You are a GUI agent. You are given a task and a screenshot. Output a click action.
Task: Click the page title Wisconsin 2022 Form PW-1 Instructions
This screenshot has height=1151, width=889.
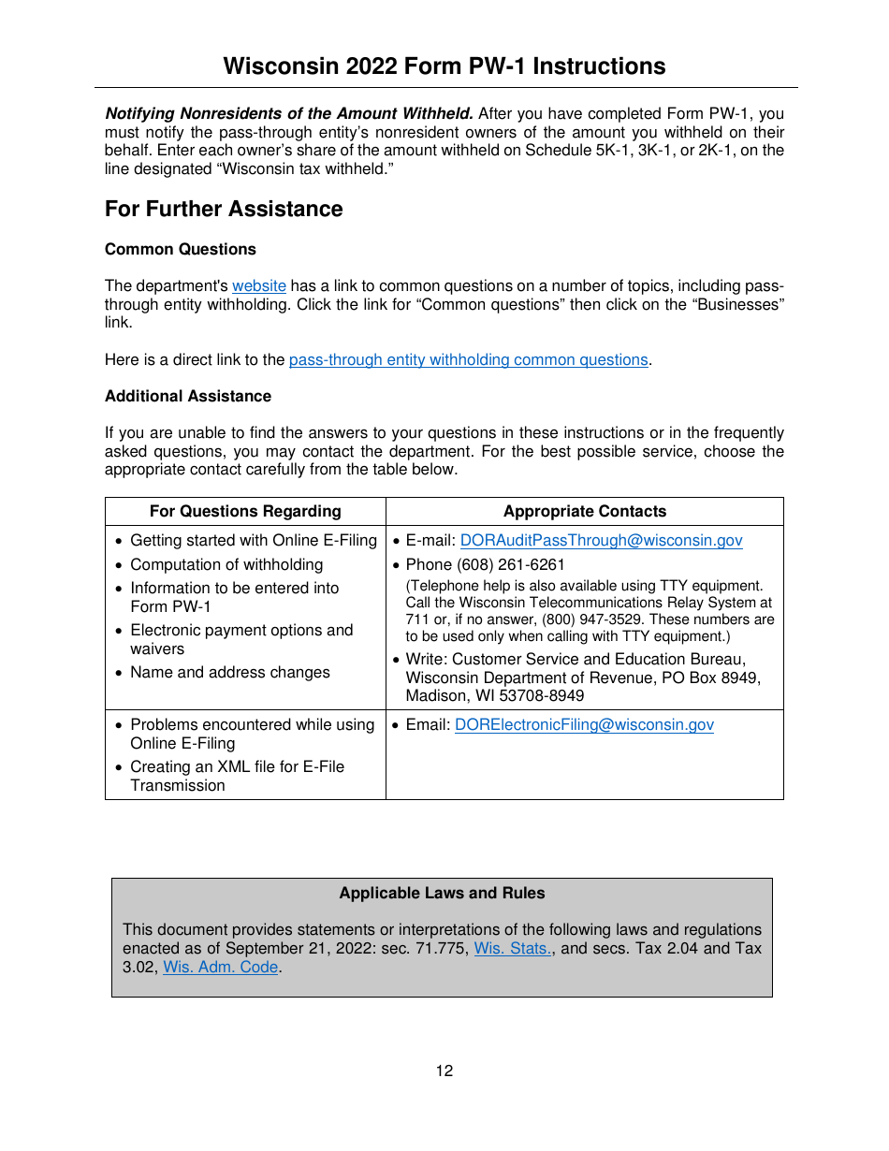click(x=444, y=66)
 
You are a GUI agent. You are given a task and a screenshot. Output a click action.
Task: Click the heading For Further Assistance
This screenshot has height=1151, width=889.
click(x=224, y=209)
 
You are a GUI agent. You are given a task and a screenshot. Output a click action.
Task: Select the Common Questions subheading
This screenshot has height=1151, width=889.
click(x=181, y=249)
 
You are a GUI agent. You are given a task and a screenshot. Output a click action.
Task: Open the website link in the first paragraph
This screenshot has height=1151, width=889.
click(x=259, y=285)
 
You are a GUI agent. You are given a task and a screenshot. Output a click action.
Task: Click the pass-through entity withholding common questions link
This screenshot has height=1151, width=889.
click(x=468, y=359)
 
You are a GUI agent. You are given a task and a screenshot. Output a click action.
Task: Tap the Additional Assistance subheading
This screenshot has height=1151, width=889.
click(x=188, y=396)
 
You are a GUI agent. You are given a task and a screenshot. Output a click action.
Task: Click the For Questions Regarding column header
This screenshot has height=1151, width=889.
click(x=245, y=511)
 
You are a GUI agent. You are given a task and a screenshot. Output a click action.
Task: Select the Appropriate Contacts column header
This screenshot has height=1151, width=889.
click(x=585, y=511)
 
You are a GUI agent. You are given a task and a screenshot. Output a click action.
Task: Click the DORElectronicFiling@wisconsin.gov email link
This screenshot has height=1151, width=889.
click(x=584, y=724)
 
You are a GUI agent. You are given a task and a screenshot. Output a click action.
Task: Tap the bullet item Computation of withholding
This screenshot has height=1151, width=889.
click(x=226, y=564)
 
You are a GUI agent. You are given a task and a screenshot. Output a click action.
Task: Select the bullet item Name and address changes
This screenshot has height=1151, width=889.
click(x=230, y=672)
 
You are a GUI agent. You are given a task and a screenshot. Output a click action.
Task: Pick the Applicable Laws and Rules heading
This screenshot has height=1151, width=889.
click(x=442, y=893)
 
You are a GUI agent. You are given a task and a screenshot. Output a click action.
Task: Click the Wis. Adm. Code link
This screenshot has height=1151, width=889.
click(x=221, y=967)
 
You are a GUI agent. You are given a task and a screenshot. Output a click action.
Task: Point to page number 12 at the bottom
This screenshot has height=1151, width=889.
click(x=444, y=1071)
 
